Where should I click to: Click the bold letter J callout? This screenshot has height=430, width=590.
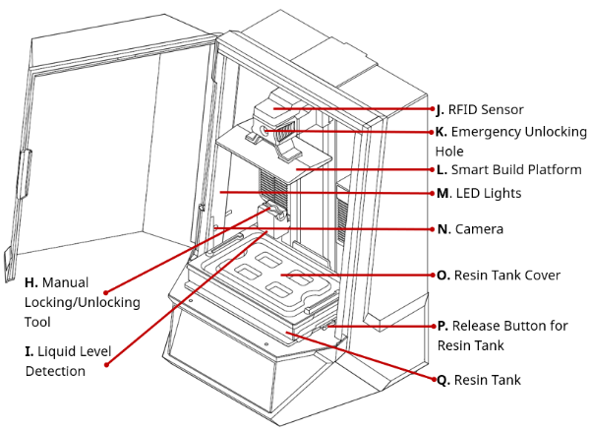click(x=441, y=109)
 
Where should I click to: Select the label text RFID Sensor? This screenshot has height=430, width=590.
click(x=487, y=109)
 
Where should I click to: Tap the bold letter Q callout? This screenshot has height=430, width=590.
click(x=442, y=379)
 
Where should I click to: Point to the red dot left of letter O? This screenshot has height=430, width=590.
click(x=430, y=275)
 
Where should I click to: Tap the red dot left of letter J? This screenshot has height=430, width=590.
click(x=430, y=109)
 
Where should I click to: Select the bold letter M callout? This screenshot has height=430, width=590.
click(x=442, y=193)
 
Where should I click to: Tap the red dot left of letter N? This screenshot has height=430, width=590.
click(x=430, y=229)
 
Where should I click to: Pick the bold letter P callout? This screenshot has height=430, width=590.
click(x=442, y=326)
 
